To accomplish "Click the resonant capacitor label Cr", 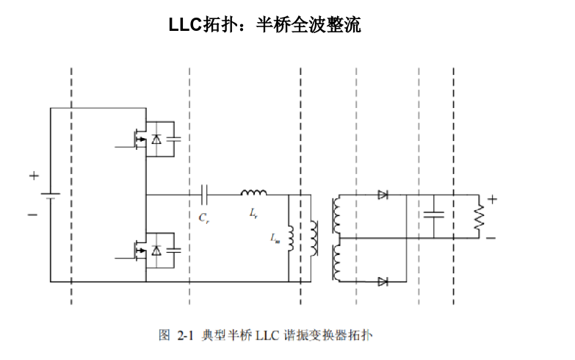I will pyautogui.click(x=204, y=217).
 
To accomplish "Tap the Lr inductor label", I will pyautogui.click(x=254, y=214).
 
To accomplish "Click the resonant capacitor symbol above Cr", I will pyautogui.click(x=205, y=195).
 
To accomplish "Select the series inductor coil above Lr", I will pyautogui.click(x=254, y=193).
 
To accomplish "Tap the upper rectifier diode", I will pyautogui.click(x=383, y=195).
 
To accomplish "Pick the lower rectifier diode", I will pyautogui.click(x=383, y=281).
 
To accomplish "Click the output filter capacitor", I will pyautogui.click(x=434, y=215).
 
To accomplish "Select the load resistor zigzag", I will pyautogui.click(x=479, y=216).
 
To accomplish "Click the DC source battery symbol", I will pyautogui.click(x=50, y=195).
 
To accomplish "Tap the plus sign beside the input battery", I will pyautogui.click(x=33, y=176).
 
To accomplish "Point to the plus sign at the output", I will pyautogui.click(x=492, y=198).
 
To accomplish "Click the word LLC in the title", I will pyautogui.click(x=184, y=26).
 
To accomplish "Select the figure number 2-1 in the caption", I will pyautogui.click(x=184, y=335).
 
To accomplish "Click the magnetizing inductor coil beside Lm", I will pyautogui.click(x=290, y=237).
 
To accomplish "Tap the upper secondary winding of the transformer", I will pyautogui.click(x=337, y=213).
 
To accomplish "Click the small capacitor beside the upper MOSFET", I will pyautogui.click(x=175, y=139).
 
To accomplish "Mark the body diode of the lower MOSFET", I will pyautogui.click(x=156, y=251).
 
